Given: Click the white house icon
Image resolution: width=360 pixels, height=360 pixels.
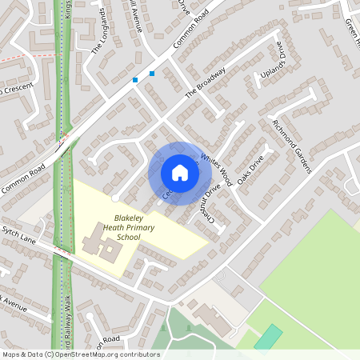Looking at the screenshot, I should pos(180,173).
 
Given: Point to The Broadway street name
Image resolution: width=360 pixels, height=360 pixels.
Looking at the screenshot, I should pos(206,82).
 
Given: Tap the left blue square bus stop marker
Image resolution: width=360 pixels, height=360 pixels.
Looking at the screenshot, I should pos(135,80).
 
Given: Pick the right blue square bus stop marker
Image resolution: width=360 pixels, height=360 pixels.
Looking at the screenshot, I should pos(151,74).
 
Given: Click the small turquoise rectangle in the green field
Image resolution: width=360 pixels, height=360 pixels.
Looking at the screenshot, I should pos(269,337).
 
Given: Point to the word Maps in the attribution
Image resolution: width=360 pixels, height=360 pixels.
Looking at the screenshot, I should pos(12,354).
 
